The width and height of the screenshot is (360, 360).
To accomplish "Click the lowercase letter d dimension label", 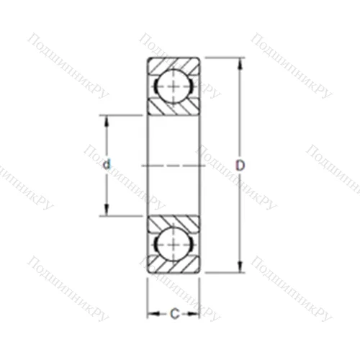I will [107, 165].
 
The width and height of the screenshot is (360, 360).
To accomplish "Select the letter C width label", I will [174, 313].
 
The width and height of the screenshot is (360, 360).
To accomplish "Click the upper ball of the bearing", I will [174, 86].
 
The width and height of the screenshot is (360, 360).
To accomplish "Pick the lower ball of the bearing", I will [174, 245].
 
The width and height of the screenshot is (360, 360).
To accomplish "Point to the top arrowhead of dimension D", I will [240, 63].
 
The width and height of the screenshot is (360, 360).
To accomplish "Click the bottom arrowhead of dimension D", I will [240, 268].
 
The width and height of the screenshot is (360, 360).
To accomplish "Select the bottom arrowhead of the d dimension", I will [107, 211].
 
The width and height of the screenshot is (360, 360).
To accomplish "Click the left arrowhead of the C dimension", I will [152, 313].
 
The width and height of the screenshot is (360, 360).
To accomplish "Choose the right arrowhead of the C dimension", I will [195, 313].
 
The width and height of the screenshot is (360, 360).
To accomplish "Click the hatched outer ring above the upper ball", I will [174, 63].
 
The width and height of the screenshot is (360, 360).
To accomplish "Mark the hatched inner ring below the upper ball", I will [174, 107].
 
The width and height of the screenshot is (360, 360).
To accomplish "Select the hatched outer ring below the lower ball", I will [174, 267].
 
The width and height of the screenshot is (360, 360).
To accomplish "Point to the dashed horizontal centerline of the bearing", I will [174, 165].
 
